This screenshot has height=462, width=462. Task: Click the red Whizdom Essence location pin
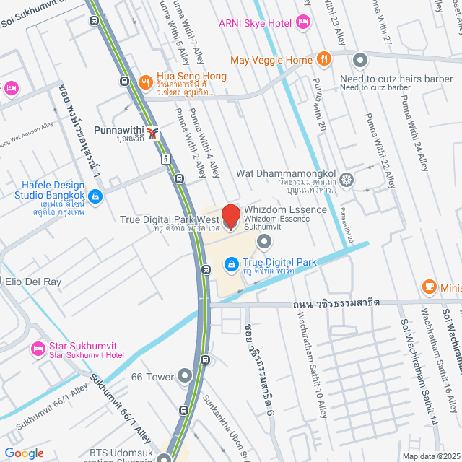click(230, 217)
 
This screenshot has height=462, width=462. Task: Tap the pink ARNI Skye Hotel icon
click(303, 23)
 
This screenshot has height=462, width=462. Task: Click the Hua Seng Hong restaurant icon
click(145, 81)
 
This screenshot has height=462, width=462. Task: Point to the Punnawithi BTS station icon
click(152, 133)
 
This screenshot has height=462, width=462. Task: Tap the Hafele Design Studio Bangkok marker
click(95, 195)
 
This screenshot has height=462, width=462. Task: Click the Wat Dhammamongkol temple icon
click(347, 179)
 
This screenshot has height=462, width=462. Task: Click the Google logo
click(25, 453)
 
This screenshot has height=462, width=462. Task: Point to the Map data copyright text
click(431, 456)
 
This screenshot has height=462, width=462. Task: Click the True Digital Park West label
click(169, 219)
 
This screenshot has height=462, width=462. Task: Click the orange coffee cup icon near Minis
click(429, 287)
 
